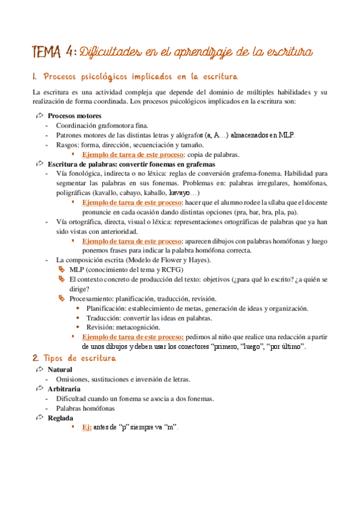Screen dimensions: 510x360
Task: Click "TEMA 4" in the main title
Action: point(53,52)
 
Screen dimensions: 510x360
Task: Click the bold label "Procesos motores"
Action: point(75,115)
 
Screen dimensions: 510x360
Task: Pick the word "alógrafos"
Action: point(186,135)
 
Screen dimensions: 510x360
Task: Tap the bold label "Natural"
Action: point(60,369)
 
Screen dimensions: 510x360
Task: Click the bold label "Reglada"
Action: point(61,417)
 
